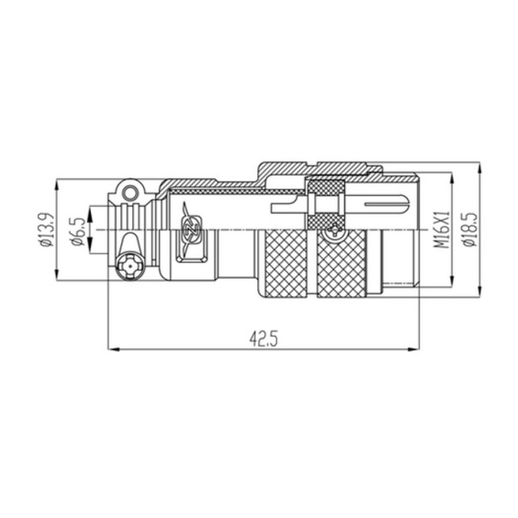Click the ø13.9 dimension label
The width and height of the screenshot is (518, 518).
coord(46,229)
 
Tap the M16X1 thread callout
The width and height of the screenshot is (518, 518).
coord(442,229)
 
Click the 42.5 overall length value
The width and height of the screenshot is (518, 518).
coord(263,339)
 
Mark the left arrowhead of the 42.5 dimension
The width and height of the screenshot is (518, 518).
coord(113,349)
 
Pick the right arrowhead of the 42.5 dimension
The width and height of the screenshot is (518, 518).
coord(413,349)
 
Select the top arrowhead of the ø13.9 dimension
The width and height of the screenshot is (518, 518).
coord(56,185)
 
